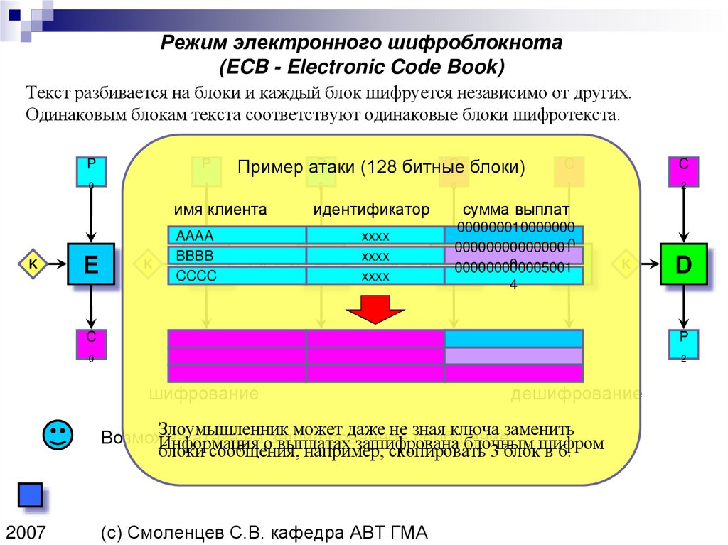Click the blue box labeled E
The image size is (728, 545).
(x=91, y=264)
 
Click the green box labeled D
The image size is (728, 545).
(x=683, y=264)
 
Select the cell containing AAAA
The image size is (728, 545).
(x=237, y=236)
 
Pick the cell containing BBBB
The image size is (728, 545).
(x=237, y=256)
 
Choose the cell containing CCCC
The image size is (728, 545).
(x=237, y=276)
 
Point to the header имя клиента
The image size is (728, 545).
(x=220, y=210)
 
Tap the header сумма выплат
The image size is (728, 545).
(x=516, y=210)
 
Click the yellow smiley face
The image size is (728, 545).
(x=57, y=434)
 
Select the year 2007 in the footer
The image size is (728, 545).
(x=27, y=532)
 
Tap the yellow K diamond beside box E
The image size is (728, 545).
(x=33, y=264)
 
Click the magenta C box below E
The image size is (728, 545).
(x=91, y=345)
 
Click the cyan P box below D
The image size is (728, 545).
(x=683, y=345)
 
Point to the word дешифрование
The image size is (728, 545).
(x=576, y=394)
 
